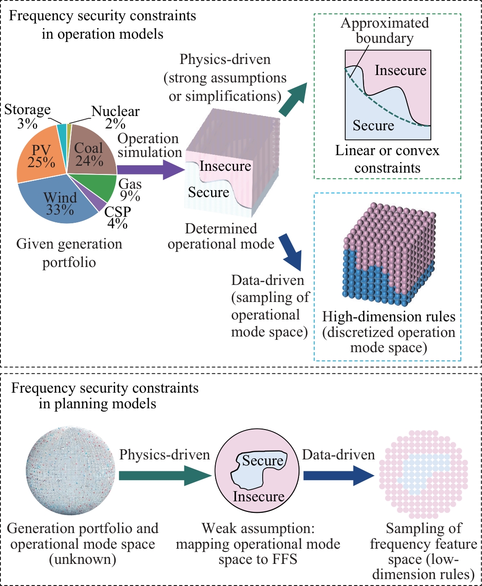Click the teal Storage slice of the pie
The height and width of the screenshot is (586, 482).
tap(62, 130)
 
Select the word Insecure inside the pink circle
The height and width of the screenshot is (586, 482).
tap(259, 496)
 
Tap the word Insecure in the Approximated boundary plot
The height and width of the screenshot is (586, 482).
tap(400, 70)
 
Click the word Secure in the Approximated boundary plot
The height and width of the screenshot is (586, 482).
tap(373, 125)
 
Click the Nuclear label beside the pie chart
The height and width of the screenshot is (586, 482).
tap(115, 111)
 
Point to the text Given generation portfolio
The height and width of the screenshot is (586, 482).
tap(69, 253)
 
